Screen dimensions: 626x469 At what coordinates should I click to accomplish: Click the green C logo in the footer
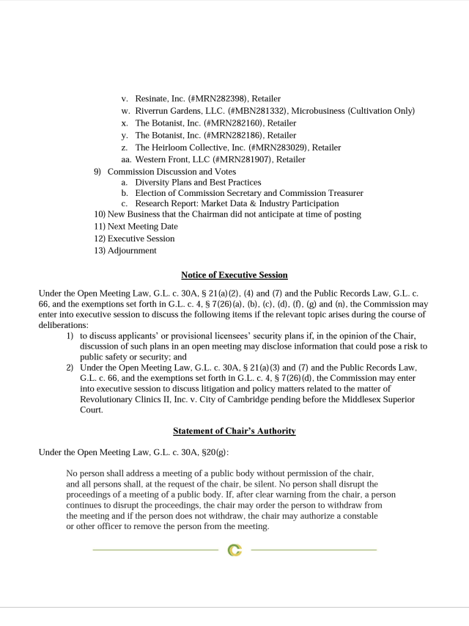pyautogui.click(x=234, y=550)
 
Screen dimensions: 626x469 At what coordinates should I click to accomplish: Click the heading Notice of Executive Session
pyautogui.click(x=234, y=275)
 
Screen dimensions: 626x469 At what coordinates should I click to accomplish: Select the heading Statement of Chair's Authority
pyautogui.click(x=234, y=431)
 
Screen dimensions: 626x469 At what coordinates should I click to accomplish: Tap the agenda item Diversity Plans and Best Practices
pyautogui.click(x=198, y=182)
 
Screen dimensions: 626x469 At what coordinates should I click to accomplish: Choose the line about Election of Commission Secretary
pyautogui.click(x=249, y=193)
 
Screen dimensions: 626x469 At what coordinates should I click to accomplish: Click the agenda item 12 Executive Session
pyautogui.click(x=141, y=239)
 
